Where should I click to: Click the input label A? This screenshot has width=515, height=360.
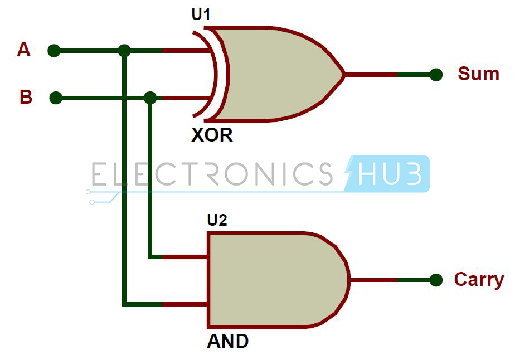click(x=23, y=50)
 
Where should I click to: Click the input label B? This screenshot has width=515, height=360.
click(x=26, y=97)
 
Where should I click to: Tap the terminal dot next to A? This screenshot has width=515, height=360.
click(x=54, y=51)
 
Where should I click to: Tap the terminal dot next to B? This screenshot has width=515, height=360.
click(x=56, y=98)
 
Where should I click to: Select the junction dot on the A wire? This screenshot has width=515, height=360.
click(x=124, y=51)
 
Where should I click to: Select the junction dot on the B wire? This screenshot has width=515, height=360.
click(x=150, y=98)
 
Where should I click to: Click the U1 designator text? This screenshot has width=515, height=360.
click(x=201, y=14)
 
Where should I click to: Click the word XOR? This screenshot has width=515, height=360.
click(x=212, y=135)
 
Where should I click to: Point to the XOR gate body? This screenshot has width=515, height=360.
click(x=276, y=74)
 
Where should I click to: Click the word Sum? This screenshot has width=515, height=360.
click(x=479, y=74)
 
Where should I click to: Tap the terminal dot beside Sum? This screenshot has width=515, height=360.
click(x=436, y=75)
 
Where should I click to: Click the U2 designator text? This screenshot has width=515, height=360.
click(x=217, y=220)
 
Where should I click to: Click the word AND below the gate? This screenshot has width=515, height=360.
click(x=228, y=341)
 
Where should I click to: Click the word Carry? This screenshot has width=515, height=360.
click(x=479, y=280)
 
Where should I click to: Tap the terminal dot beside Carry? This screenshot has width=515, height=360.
click(x=436, y=280)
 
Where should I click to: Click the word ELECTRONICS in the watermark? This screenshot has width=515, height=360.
click(x=212, y=174)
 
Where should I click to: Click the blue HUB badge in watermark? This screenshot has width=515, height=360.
click(x=387, y=174)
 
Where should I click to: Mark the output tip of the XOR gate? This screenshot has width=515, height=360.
click(x=345, y=75)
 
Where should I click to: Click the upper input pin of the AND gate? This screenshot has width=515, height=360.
click(x=184, y=256)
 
